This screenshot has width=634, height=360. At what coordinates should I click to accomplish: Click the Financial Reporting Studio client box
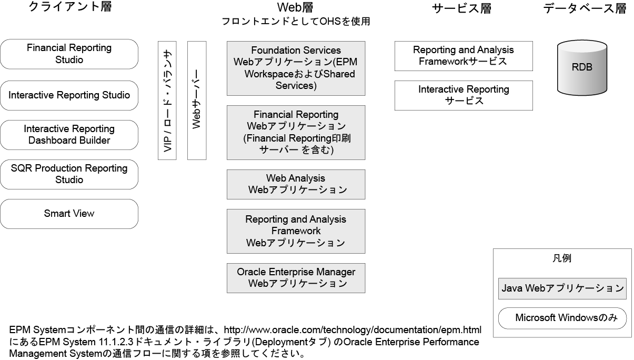point(69,54)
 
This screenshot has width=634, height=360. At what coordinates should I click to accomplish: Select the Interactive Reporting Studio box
point(69,95)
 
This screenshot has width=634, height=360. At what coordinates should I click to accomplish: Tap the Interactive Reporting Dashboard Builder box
point(69,135)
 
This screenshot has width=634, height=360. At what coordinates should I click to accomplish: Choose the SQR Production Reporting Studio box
point(69,174)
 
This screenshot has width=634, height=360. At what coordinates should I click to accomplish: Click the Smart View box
point(69,214)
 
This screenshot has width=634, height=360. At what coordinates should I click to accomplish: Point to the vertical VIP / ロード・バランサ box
point(168,100)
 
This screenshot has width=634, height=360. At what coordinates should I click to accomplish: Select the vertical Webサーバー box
point(197,100)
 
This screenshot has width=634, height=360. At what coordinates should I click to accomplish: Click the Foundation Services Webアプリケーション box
point(296,68)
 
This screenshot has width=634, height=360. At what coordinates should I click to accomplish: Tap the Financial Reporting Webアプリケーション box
point(296,132)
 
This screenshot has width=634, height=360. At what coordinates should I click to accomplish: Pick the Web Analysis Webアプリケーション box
point(296,184)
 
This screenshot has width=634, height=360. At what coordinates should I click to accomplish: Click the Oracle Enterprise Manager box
point(296,278)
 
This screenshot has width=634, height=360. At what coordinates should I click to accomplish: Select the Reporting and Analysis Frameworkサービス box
point(463,56)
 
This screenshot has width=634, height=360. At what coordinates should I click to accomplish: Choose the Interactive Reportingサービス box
point(463,95)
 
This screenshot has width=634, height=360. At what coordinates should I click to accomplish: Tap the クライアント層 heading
point(70,8)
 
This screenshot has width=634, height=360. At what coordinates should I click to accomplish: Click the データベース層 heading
point(585,9)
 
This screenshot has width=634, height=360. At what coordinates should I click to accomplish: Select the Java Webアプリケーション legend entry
point(562,288)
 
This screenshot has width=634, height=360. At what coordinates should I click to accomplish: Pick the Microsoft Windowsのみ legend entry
point(562,318)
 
